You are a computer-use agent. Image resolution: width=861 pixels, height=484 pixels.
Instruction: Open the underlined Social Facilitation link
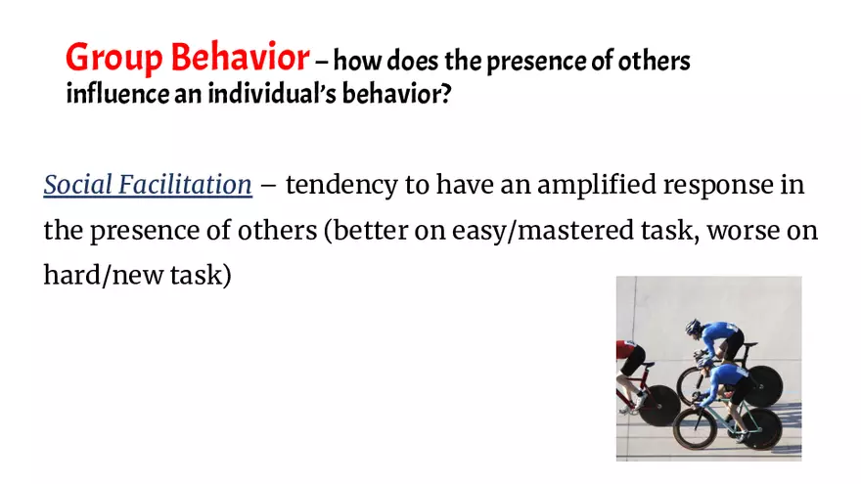click(x=148, y=184)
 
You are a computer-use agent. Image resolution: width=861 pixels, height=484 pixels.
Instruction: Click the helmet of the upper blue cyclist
click(x=694, y=326)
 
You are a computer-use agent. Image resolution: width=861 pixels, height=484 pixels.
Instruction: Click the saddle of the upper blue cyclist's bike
click(x=749, y=344)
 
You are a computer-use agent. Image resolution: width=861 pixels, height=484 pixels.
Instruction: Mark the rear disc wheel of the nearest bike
click(x=762, y=427)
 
